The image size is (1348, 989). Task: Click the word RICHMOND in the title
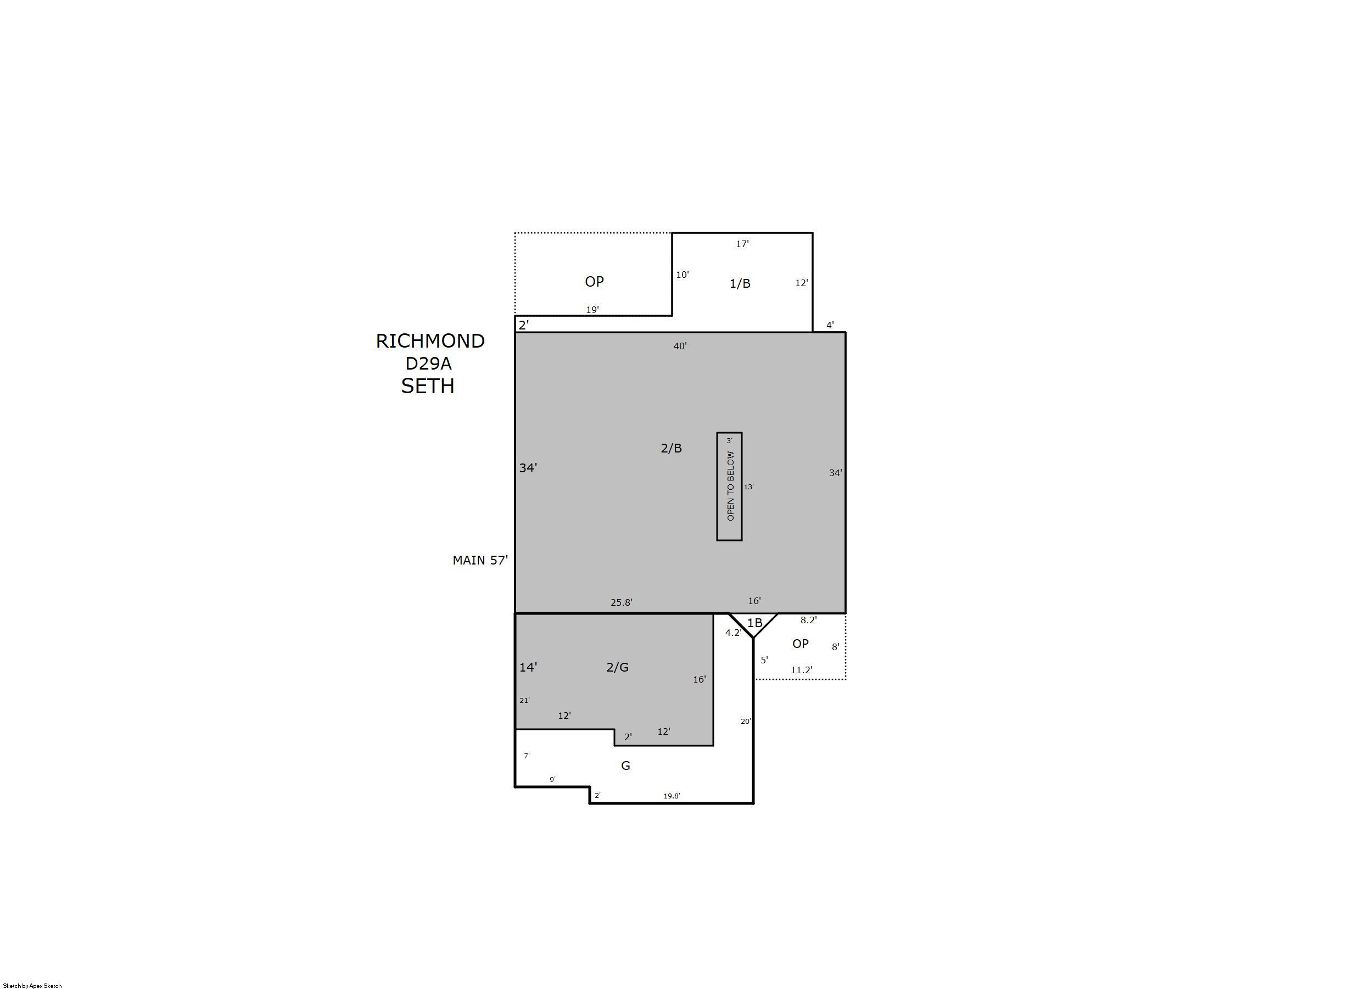(430, 340)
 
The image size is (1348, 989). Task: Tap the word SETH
(427, 386)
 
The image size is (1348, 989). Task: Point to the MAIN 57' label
(480, 560)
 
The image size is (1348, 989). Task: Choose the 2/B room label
(671, 448)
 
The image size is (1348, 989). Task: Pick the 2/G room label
(617, 667)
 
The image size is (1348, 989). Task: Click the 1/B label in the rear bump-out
(740, 283)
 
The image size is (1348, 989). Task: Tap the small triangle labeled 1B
(753, 623)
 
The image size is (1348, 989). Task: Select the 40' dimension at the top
(680, 346)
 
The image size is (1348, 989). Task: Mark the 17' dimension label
(742, 244)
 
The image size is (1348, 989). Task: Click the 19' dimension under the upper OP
(592, 310)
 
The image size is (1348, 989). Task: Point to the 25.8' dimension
(622, 602)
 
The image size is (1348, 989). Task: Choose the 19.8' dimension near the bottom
(672, 796)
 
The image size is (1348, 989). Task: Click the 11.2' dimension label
(802, 670)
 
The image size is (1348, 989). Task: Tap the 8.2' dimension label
(809, 619)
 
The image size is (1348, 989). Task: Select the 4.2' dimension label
(733, 632)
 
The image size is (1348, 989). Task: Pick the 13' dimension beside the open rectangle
(748, 487)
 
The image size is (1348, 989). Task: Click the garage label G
(625, 765)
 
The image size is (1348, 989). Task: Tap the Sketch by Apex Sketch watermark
(32, 985)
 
